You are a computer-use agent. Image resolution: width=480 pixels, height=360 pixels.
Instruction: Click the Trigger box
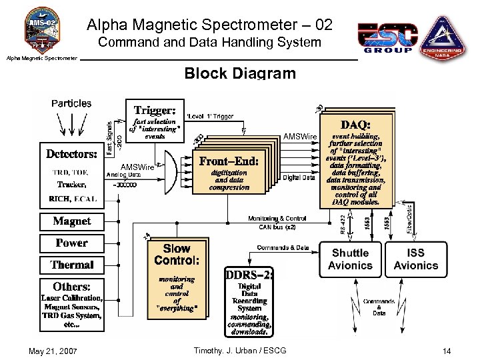click(155, 121)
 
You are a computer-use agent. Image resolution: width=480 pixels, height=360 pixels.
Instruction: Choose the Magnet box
click(71, 221)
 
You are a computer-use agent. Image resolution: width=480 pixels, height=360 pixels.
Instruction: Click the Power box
click(71, 243)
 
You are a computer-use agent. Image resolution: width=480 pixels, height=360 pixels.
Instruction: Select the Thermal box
click(71, 265)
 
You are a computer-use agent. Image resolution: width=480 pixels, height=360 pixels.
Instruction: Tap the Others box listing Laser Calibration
click(71, 305)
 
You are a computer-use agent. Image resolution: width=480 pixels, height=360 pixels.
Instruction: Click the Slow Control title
click(177, 254)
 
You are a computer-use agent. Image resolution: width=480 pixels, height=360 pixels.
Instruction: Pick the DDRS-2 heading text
click(249, 275)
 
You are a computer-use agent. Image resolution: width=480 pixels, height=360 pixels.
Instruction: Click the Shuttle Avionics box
click(350, 259)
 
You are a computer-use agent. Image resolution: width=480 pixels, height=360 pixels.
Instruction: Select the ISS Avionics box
click(415, 259)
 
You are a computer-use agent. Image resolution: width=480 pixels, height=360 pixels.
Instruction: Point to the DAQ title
click(355, 125)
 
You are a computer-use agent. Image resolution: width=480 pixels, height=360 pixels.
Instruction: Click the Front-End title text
click(229, 161)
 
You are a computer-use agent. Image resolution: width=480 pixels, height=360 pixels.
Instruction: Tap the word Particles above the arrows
click(71, 103)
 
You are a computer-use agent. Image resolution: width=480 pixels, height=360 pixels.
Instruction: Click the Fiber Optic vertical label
click(409, 219)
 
